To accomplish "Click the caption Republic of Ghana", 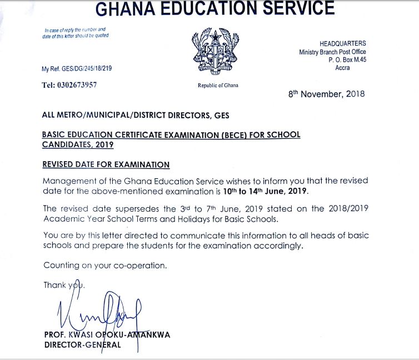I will [x=218, y=86].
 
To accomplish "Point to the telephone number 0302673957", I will [x=77, y=86].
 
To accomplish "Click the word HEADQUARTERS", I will [x=342, y=43].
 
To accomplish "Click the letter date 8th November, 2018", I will [x=326, y=94].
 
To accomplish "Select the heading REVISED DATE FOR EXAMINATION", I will [x=106, y=164].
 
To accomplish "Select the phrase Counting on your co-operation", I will [x=105, y=265].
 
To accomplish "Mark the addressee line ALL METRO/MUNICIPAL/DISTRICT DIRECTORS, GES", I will [x=135, y=115].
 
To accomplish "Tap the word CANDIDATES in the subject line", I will [x=66, y=144].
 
